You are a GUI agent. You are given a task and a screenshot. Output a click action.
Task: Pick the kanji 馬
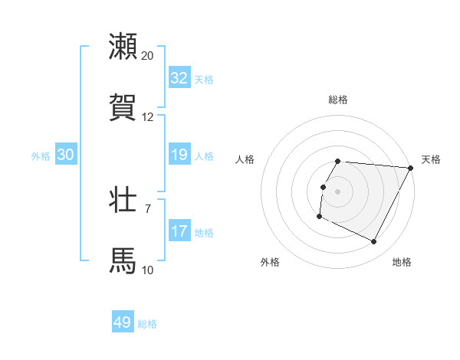123,260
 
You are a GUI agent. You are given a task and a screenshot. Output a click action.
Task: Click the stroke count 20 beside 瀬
148,56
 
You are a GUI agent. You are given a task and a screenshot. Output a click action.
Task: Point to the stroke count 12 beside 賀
148,117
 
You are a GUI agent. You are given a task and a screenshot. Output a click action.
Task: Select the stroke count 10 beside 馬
148,270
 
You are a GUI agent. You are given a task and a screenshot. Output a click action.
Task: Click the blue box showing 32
179,78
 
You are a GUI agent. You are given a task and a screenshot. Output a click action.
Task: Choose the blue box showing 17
179,231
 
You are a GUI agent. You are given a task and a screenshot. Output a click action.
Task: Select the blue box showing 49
123,322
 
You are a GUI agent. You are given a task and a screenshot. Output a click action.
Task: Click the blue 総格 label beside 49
147,324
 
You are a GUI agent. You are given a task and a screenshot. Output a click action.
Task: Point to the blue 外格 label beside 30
41,156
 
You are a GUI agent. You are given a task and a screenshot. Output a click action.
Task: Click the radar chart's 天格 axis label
431,159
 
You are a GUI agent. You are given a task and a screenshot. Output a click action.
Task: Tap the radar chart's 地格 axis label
402,262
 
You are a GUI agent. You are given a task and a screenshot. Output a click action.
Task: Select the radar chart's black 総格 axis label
337,100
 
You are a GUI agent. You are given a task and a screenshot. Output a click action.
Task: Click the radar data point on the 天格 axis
411,167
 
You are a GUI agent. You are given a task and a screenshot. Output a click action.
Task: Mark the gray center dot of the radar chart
337,191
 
